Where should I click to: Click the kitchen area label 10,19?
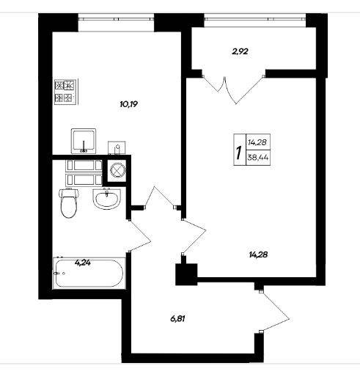129,104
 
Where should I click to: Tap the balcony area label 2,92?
240,51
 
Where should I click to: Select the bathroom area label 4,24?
83,263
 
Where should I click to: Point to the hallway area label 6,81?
177,319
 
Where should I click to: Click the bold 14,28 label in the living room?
258,254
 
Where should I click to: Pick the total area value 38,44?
258,158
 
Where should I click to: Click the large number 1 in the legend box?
238,153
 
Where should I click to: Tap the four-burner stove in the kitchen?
66,92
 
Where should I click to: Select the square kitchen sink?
84,141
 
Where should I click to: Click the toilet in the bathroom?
69,203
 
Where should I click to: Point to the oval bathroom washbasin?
106,199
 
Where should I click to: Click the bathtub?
89,273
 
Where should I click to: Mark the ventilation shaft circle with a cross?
118,169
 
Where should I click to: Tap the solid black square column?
186,274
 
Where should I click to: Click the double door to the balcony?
232,89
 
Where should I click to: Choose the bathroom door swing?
140,235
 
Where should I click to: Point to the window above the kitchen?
116,18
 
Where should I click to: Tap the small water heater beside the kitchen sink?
117,147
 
